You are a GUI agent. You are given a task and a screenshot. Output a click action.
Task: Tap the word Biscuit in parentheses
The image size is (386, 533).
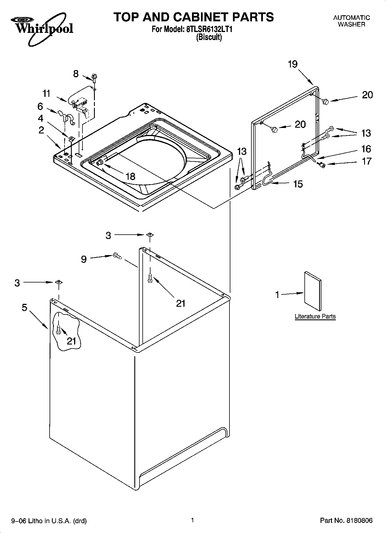(x=209, y=37)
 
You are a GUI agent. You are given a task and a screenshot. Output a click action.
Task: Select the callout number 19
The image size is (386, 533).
(x=293, y=64)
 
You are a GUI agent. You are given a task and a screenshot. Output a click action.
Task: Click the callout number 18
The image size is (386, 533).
(x=130, y=176)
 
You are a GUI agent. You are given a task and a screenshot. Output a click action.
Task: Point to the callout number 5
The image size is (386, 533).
(x=25, y=308)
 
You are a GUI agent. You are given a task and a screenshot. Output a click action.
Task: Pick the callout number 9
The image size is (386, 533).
(x=84, y=259)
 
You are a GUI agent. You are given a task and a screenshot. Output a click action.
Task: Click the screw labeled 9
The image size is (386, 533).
(x=118, y=255)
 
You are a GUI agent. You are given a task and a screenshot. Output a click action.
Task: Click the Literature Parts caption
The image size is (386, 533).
(x=315, y=316)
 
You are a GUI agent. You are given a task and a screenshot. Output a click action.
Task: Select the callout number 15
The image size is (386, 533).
(x=298, y=184)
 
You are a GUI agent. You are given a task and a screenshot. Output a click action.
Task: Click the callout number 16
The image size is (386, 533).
(x=366, y=149)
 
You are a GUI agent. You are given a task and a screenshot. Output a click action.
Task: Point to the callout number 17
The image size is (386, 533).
(x=366, y=161)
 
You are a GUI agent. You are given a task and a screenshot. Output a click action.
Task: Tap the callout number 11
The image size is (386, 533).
(x=46, y=93)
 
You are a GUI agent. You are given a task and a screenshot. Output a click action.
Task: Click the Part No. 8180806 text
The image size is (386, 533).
(x=346, y=521)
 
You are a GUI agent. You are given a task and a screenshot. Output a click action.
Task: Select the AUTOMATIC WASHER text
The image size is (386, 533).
(x=351, y=21)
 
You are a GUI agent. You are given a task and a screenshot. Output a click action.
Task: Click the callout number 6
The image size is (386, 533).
(x=40, y=107)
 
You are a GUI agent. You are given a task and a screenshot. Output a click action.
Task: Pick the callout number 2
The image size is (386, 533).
(x=41, y=130)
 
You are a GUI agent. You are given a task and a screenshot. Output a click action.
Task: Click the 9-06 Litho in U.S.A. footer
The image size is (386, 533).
(x=49, y=521)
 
